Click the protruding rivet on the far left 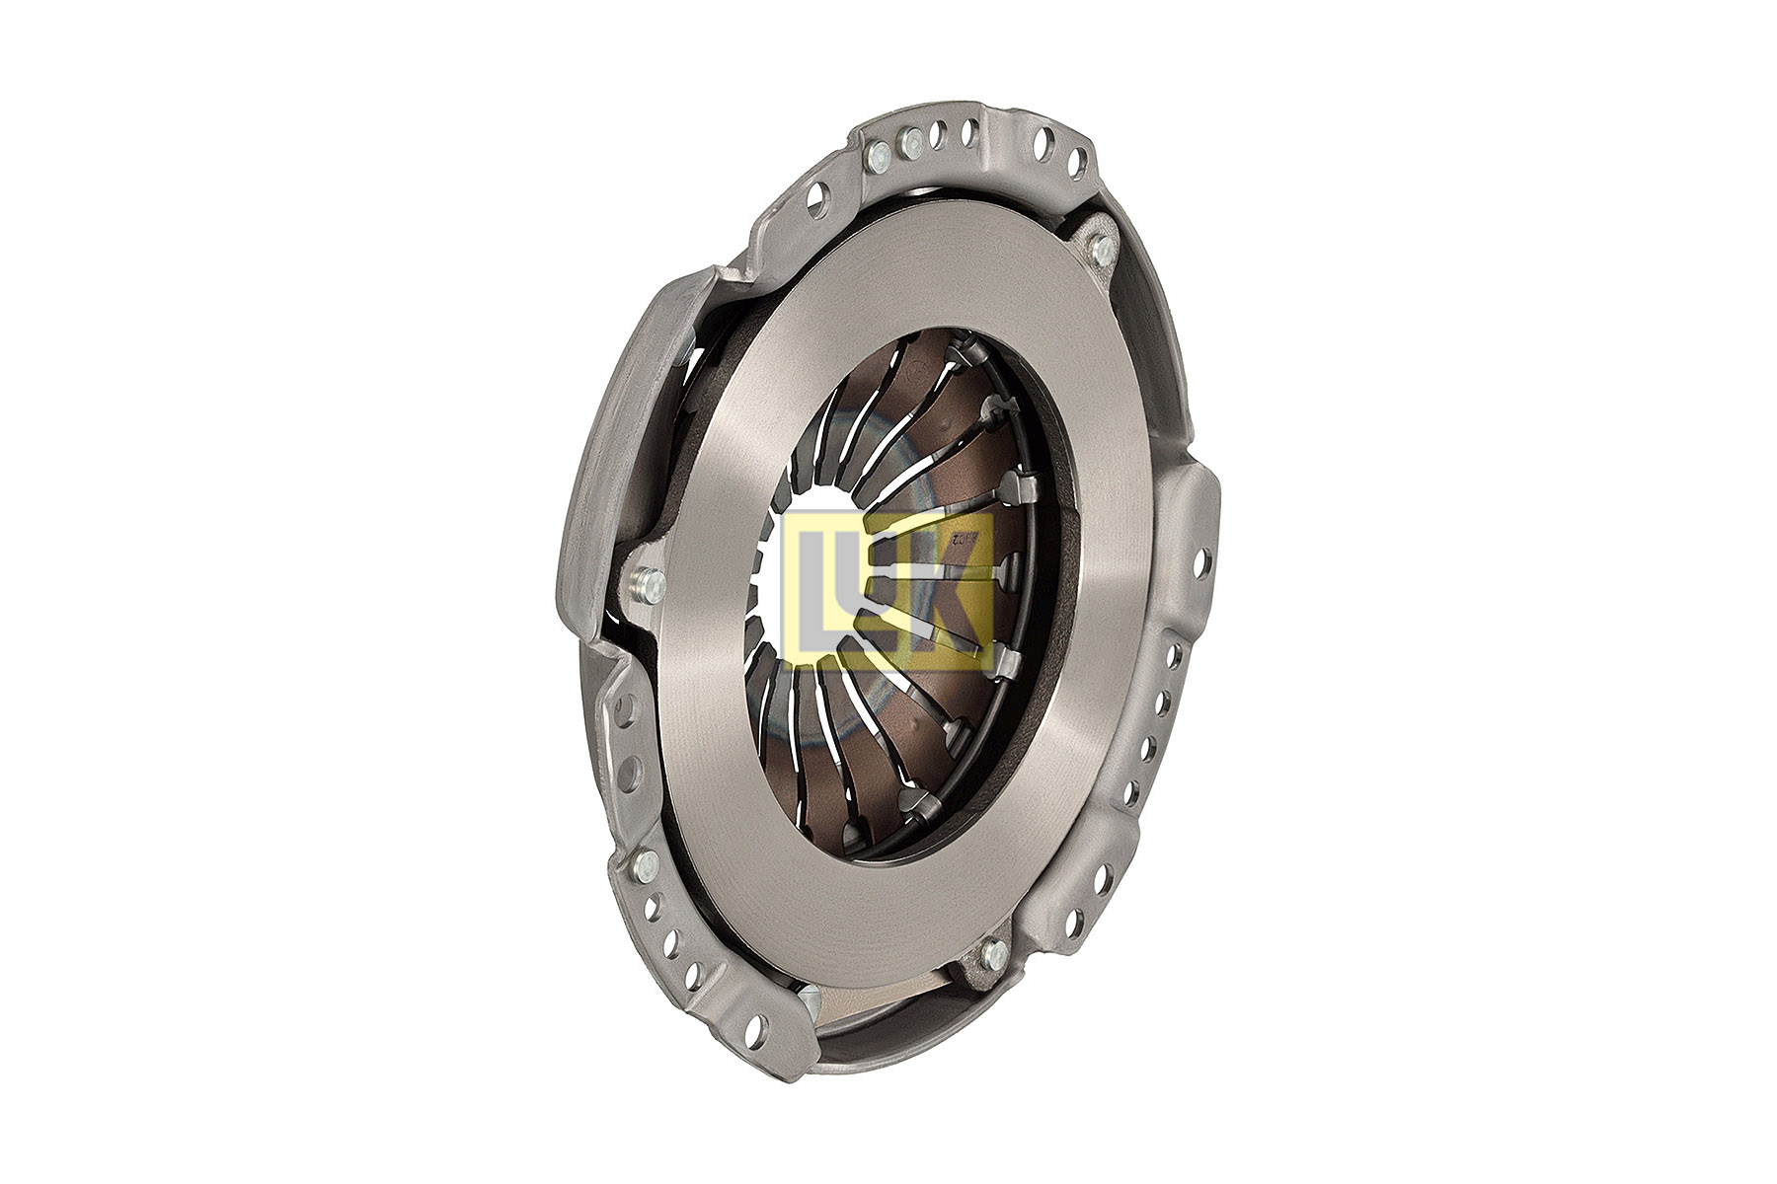(649, 584)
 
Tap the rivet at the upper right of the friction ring (1102, 247)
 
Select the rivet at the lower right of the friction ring (994, 953)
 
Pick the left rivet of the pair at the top (877, 154)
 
